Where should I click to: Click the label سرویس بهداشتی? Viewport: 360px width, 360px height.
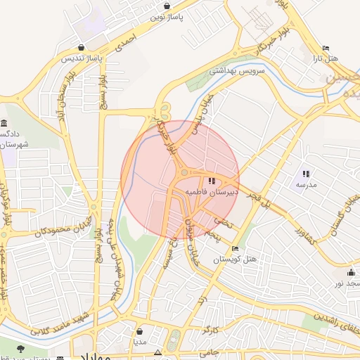(x=236, y=71)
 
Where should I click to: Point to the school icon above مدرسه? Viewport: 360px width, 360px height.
(x=306, y=173)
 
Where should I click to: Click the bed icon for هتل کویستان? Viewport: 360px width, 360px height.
(x=235, y=248)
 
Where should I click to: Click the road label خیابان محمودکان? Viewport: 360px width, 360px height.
(x=41, y=231)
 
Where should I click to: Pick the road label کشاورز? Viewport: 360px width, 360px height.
(x=309, y=235)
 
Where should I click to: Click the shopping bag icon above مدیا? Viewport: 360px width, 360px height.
(x=140, y=331)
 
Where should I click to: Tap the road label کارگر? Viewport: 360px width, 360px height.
(x=210, y=330)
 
